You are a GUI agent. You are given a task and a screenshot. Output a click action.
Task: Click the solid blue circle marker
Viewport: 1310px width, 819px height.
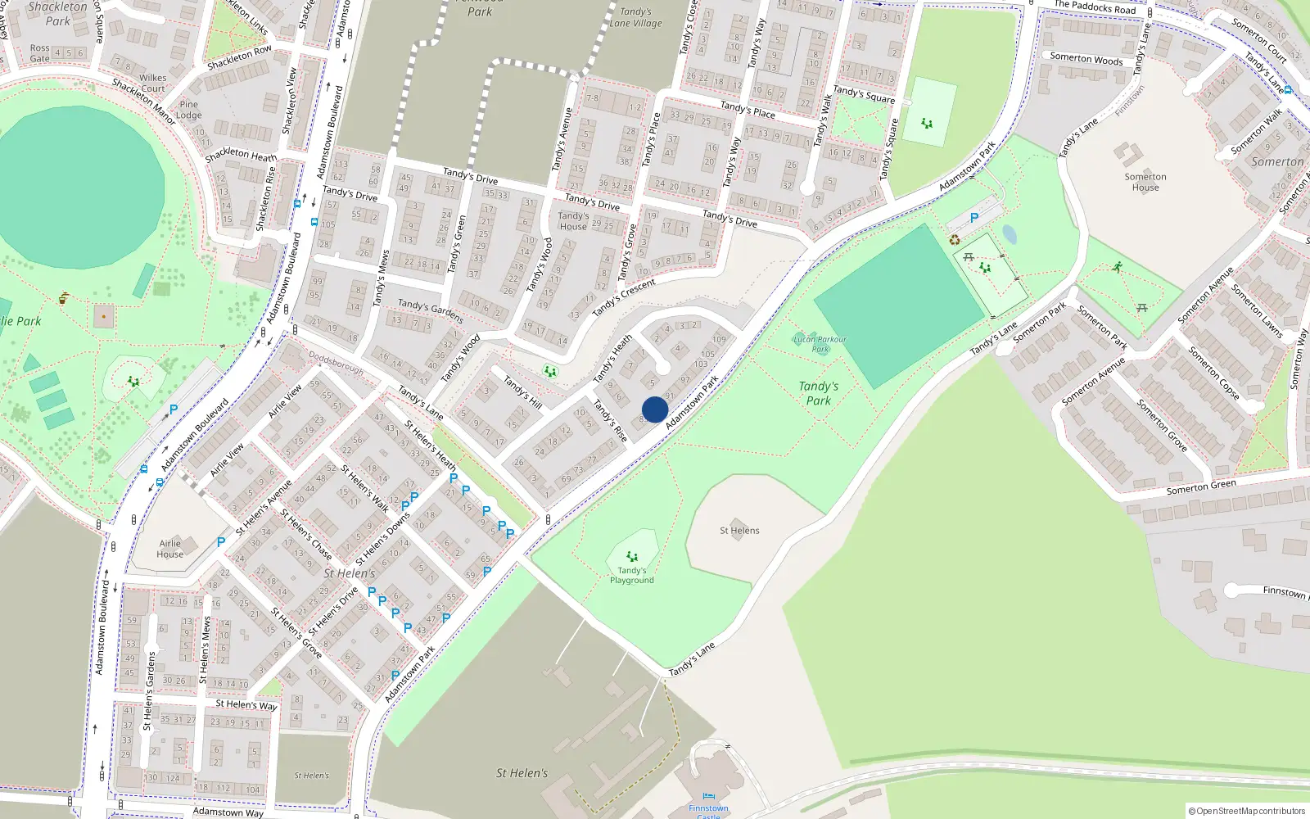click(x=655, y=409)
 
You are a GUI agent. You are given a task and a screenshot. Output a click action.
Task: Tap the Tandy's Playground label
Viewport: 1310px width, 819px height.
click(x=631, y=575)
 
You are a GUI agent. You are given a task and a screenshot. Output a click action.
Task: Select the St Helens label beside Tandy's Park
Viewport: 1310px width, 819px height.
click(x=739, y=531)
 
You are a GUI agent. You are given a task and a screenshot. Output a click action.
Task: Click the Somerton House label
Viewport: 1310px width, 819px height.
click(x=1145, y=182)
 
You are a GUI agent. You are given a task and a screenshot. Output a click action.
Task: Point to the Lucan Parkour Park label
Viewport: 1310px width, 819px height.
click(x=820, y=344)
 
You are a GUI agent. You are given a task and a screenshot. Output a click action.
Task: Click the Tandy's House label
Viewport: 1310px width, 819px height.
click(x=573, y=221)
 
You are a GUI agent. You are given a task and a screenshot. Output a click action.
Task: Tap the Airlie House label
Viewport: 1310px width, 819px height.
click(x=169, y=549)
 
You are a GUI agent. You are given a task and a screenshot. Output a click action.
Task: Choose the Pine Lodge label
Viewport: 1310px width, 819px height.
click(x=188, y=110)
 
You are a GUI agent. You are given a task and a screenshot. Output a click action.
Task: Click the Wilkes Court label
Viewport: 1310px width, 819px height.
click(x=153, y=84)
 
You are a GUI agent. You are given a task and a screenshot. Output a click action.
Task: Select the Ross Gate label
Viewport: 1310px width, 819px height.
click(x=39, y=53)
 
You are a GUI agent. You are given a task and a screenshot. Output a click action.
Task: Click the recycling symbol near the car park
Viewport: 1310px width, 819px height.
click(x=955, y=240)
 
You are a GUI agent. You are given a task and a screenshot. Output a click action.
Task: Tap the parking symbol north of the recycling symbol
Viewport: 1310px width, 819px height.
click(x=973, y=218)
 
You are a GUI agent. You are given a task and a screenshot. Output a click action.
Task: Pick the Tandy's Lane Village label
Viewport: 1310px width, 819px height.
click(x=635, y=17)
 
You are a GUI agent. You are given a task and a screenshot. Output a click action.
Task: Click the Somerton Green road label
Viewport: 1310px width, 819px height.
click(x=1201, y=487)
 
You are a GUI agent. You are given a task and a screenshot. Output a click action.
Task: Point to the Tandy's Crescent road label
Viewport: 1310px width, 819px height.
click(x=624, y=296)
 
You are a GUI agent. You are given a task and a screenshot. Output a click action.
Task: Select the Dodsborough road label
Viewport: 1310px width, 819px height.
click(x=336, y=363)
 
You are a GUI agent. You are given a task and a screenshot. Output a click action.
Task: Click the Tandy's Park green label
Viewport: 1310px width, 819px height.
click(x=819, y=393)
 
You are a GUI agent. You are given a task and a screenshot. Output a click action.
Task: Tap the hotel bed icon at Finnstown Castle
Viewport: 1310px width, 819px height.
click(x=708, y=795)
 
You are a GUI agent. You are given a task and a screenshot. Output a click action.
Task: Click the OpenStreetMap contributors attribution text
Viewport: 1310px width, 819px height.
click(x=1247, y=811)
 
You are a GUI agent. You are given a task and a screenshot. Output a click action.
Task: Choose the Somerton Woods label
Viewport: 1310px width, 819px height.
click(x=1086, y=59)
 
